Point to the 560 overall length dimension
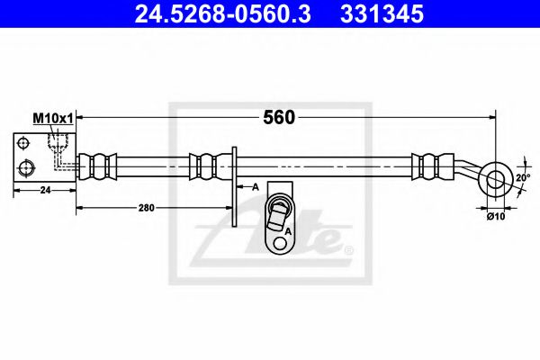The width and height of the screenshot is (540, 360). point(279,117)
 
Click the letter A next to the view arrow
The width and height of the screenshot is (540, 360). point(256,185)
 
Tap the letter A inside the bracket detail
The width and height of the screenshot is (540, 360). point(288,231)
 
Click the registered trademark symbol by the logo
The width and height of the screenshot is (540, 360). point(349,249)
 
